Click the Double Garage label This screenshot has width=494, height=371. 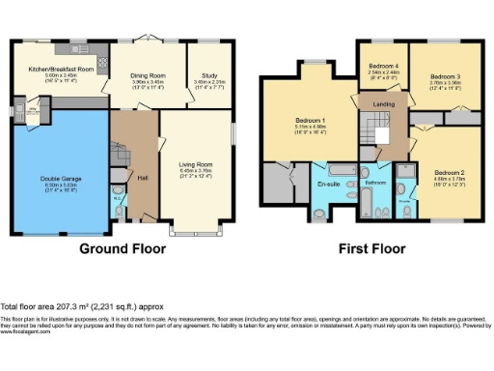click(x=60, y=179)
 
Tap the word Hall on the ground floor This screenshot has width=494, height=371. click(x=142, y=177)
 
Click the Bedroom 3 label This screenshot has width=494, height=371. click(x=445, y=75)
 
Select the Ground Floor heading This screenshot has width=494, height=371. click(x=122, y=248)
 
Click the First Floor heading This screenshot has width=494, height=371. click(x=371, y=248)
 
